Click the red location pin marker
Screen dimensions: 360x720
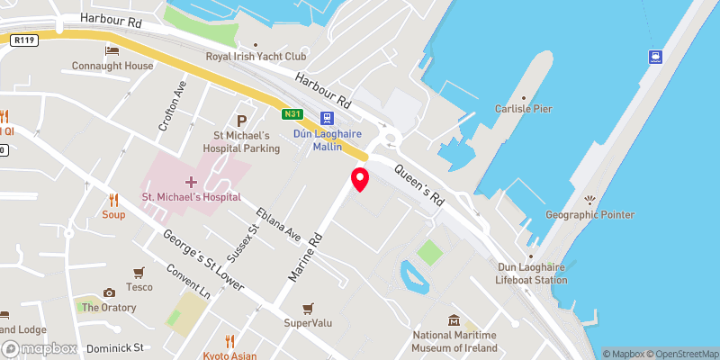click(360, 179)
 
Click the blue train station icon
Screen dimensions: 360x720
click(327, 119)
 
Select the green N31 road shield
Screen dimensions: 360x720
click(291, 114)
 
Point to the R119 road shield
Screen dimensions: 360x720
click(22, 40)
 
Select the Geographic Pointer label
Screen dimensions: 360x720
click(590, 214)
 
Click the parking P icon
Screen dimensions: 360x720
click(240, 121)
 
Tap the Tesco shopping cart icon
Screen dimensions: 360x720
click(139, 273)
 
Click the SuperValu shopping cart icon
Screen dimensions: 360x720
click(309, 308)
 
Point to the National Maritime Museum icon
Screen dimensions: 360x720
click(455, 321)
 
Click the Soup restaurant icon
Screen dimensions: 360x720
click(113, 200)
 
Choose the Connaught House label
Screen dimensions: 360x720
click(112, 67)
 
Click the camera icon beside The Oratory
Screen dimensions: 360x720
click(109, 292)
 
